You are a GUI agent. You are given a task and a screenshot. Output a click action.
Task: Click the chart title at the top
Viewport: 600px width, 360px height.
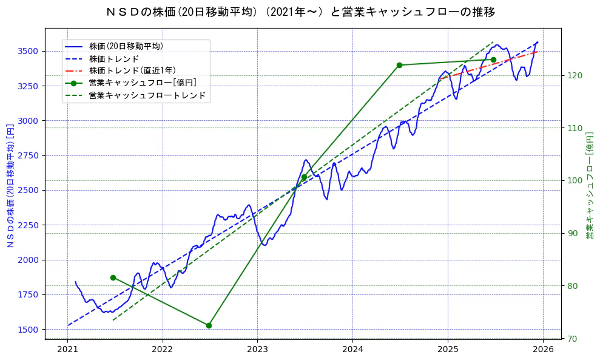coord(300,12)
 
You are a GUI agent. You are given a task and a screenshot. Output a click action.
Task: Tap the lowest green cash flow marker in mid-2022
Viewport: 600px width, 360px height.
coord(209,325)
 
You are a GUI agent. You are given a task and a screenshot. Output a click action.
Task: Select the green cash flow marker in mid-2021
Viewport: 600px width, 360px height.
coord(113,277)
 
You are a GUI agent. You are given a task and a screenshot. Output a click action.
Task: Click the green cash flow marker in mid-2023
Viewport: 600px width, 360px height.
coord(304,177)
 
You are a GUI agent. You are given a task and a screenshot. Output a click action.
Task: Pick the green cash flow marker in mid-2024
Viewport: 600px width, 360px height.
coord(399,65)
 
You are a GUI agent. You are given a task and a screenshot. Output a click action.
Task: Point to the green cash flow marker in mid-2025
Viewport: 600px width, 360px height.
coord(493,59)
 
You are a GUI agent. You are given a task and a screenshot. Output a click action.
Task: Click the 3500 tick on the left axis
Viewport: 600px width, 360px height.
coord(29,51)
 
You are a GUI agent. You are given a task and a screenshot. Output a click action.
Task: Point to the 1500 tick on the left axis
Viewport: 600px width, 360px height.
coord(29,330)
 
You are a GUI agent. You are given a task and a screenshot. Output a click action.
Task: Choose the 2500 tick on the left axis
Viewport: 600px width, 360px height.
coord(29,191)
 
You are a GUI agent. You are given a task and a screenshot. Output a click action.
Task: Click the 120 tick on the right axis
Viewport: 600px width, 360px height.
coord(575,75)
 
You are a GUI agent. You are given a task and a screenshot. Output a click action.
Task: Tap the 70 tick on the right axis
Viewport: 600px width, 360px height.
coord(572,339)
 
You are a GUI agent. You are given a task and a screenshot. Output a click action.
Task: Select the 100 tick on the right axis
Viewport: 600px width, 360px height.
coord(575,180)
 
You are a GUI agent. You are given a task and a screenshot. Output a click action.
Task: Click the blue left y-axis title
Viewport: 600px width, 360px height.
coord(10,185)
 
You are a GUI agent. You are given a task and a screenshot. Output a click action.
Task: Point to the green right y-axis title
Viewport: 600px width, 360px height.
coord(589,185)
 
